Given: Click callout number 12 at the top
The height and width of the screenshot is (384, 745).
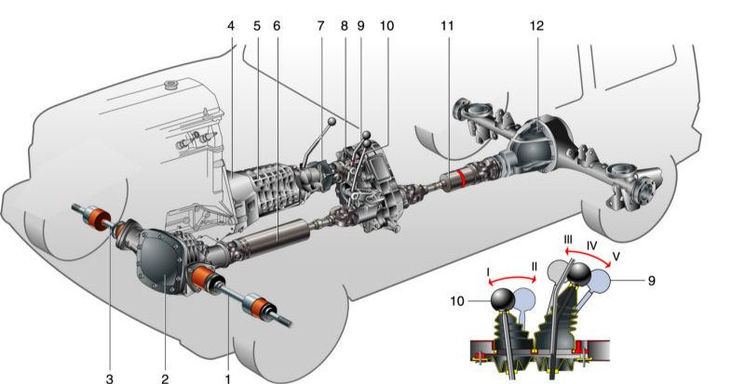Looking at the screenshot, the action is tap(536, 26).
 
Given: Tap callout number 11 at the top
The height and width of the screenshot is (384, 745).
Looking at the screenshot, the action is tap(447, 26).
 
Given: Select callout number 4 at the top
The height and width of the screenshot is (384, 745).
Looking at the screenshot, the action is tap(231, 26).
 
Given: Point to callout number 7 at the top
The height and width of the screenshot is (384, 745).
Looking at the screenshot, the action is tap(320, 26).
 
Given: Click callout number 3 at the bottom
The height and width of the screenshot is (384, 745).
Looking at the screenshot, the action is tap(110, 378).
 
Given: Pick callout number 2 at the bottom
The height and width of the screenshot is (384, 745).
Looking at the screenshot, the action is tap(165, 378).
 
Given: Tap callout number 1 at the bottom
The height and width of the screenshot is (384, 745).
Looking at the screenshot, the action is tap(228, 378).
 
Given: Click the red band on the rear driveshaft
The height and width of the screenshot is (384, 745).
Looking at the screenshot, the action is tap(461, 179).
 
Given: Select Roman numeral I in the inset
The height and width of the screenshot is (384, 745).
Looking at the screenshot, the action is tap(488, 272).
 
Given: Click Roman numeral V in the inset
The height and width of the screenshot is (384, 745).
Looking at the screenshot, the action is tap(616, 257).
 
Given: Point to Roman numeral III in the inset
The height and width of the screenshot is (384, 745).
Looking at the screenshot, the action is tap(568, 239).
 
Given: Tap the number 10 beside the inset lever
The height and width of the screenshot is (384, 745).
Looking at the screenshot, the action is tap(457, 301).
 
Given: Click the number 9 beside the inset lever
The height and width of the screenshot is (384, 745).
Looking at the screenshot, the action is tap(651, 281).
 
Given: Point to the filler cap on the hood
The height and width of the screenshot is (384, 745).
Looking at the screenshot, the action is tap(170, 86).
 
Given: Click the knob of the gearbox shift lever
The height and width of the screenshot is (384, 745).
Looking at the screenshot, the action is tap(332, 122).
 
